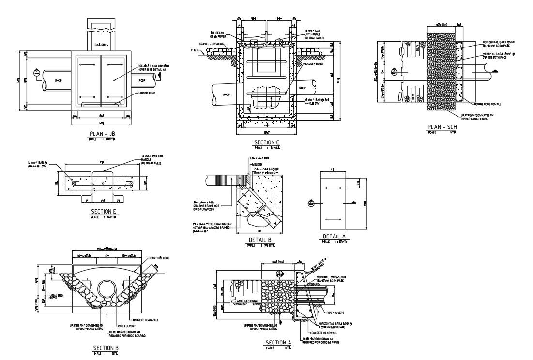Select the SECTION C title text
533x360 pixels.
pos(267,142)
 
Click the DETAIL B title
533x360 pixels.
pos(259,240)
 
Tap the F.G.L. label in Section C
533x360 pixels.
pos(194,50)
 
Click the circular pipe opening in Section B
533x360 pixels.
pos(107,290)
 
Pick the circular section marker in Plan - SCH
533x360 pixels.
pos(396,72)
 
